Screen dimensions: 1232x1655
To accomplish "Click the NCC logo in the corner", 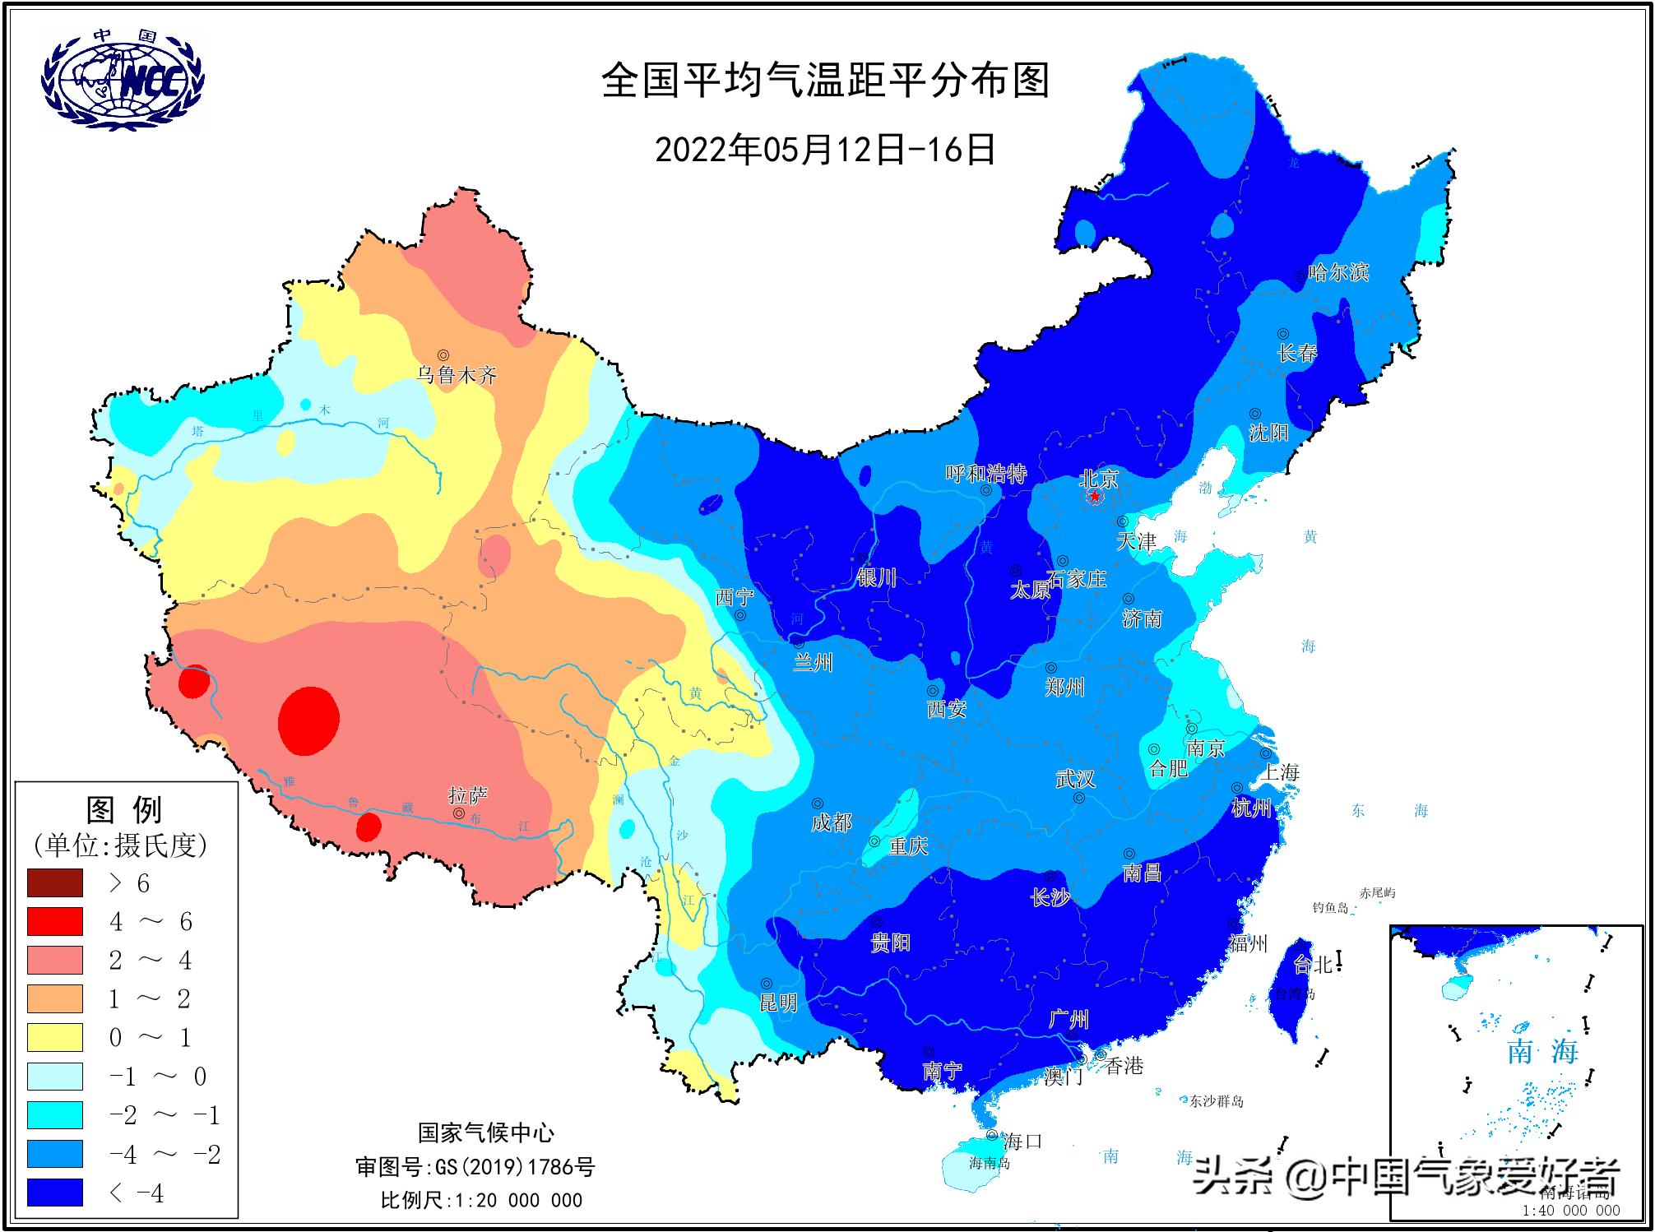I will click(122, 79).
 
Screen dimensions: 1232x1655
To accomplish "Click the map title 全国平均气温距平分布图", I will click(826, 81).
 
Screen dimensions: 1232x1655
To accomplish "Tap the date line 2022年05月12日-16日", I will click(825, 150).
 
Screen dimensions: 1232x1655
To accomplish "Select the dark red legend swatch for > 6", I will click(55, 882).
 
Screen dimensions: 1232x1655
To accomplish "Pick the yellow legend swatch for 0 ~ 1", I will click(55, 1037).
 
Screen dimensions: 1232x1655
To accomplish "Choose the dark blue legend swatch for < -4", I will click(55, 1192).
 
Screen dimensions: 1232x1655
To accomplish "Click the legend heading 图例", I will click(124, 809).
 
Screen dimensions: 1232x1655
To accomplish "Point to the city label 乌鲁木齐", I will click(457, 376).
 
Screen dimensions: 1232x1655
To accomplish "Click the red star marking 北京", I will click(1095, 498).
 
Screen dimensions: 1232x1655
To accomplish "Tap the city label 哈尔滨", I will click(1338, 272).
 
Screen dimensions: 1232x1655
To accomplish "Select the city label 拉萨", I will click(467, 795).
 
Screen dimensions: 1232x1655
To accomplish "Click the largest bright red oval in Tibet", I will click(308, 720).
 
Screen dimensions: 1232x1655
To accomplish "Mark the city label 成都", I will click(831, 822).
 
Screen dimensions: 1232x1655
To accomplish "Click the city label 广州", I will click(1069, 1020).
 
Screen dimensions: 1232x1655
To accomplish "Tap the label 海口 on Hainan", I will click(1022, 1141).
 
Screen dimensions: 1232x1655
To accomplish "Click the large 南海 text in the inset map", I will click(1542, 1051).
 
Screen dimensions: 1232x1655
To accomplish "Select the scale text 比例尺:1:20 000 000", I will click(481, 1200).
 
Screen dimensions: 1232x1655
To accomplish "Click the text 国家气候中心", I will click(486, 1132).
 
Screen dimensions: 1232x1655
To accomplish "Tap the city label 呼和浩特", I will click(985, 474).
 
